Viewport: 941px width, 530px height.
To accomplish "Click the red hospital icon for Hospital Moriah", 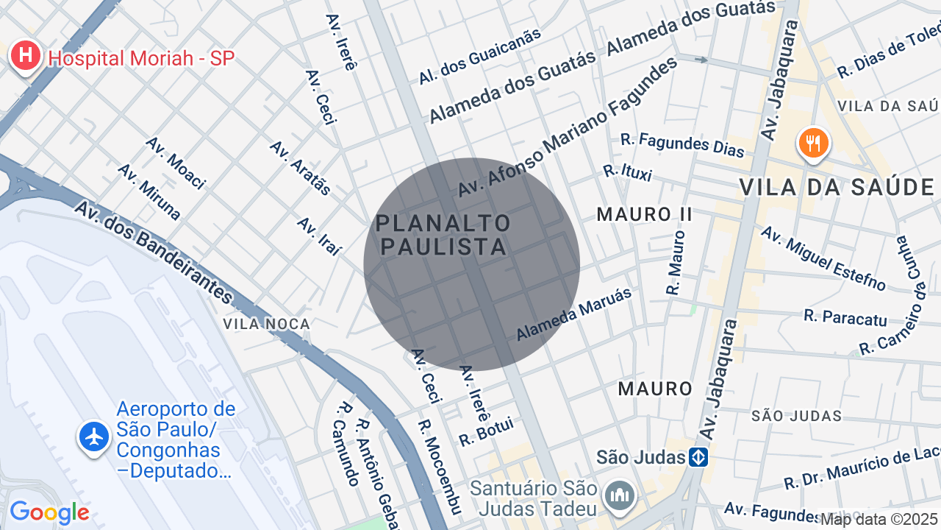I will [26, 56].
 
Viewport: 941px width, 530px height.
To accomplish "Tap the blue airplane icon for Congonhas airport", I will [95, 437].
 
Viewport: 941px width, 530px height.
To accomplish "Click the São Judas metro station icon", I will [698, 457].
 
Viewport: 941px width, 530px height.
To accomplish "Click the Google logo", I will [49, 512].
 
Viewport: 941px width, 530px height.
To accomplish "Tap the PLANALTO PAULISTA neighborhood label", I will [443, 235].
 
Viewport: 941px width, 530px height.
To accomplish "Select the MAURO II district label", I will [645, 214].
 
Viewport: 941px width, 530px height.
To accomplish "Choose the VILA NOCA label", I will [267, 324].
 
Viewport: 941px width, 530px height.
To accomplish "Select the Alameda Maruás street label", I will [574, 314].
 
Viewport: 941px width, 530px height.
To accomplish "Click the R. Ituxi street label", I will [627, 172].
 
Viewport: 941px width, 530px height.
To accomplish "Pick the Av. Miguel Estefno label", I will [823, 258].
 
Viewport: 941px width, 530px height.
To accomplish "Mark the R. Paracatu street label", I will [845, 317].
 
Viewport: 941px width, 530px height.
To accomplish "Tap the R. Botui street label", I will [486, 431].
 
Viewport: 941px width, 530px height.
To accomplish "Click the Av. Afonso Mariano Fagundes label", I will [568, 127].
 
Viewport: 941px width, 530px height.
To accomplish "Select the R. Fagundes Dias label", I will [682, 144].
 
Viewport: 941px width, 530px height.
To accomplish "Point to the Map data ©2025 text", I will [879, 520].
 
